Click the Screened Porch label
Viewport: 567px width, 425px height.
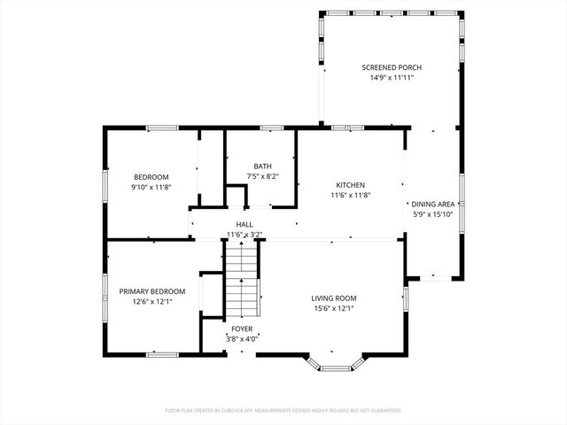click(392, 67)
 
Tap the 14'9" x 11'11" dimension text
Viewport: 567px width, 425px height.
click(392, 78)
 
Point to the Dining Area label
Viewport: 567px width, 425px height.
click(434, 204)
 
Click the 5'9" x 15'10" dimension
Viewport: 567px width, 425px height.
click(434, 214)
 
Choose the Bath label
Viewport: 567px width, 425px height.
click(262, 166)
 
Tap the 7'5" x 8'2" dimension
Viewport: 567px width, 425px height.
click(262, 176)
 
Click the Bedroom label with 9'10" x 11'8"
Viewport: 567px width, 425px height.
click(151, 176)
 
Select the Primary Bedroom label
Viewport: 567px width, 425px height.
click(152, 291)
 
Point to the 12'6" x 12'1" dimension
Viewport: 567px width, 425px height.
click(152, 302)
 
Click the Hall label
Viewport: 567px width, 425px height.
click(245, 225)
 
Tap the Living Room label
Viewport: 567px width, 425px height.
click(333, 298)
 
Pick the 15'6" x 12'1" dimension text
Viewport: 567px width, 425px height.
click(333, 309)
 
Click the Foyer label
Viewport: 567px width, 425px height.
click(241, 328)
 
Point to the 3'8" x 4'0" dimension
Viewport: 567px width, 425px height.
click(241, 338)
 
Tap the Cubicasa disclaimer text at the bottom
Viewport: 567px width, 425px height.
click(283, 411)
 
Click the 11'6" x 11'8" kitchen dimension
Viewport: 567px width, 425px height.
click(350, 196)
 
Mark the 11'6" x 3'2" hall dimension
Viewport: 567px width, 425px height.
click(245, 235)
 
